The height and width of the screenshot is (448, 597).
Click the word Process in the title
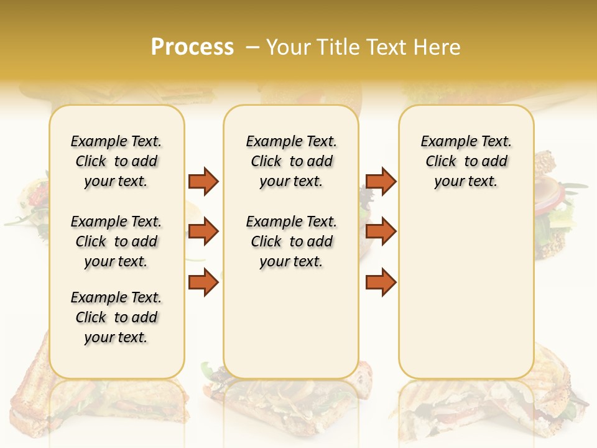pos(192,47)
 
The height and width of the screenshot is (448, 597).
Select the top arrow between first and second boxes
pos(203,181)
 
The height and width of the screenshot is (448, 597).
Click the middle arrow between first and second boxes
pos(203,232)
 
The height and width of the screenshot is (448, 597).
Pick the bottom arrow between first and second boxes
pos(203,282)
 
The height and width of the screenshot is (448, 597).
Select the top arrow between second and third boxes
pos(381,181)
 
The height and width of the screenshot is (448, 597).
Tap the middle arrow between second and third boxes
pos(381,232)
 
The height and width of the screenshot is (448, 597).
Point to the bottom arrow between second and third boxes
pos(381,282)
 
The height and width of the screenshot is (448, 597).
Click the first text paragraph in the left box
pos(116,161)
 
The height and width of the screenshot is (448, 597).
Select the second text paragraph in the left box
pos(116,241)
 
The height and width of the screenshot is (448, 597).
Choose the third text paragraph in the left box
pos(116,317)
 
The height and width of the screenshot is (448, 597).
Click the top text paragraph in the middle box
pos(291,161)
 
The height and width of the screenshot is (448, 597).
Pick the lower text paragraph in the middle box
pos(291,241)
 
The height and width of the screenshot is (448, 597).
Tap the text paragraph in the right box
pos(466,161)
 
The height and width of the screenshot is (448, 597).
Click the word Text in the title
pos(388,47)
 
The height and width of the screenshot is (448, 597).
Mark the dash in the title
pos(252,47)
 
